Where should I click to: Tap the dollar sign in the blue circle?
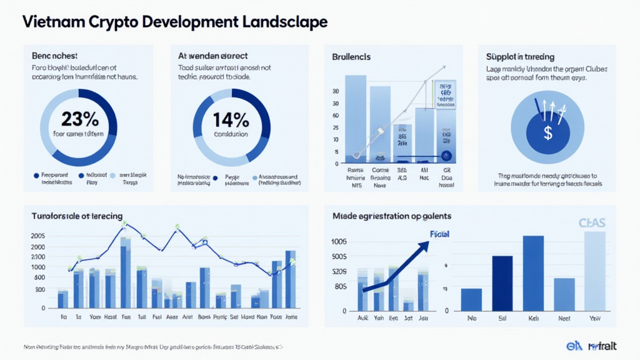click(547, 132)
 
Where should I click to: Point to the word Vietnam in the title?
click(53, 22)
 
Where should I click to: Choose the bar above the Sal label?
click(502, 284)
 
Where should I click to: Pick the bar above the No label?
click(471, 300)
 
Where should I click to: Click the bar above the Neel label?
click(564, 295)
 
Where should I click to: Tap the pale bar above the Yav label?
click(595, 272)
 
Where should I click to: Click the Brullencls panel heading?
click(351, 57)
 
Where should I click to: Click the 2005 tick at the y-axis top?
click(37, 236)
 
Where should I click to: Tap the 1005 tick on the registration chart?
click(339, 242)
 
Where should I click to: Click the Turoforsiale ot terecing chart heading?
click(77, 215)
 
